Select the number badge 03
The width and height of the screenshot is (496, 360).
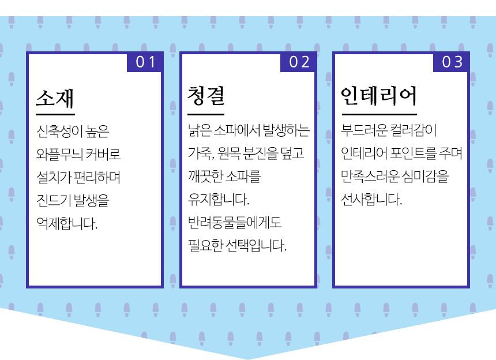[x=452, y=62]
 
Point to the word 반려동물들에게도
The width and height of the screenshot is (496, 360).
[x=234, y=223]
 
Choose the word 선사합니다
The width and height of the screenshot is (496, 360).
[x=371, y=200]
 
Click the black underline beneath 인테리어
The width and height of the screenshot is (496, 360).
[x=378, y=114]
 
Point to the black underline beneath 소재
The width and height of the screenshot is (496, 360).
[x=55, y=114]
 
